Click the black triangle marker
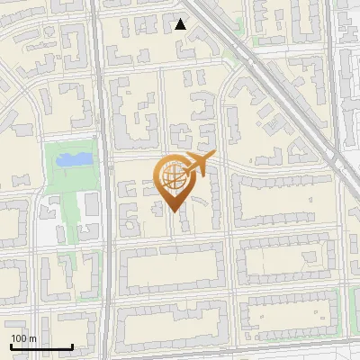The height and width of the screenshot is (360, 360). [x=181, y=24]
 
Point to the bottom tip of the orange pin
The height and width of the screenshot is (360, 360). [x=175, y=211]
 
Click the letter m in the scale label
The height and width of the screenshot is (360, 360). [x=32, y=338]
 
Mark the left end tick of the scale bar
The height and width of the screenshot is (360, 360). [x=11, y=346]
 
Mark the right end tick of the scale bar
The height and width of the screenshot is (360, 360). [x=72, y=346]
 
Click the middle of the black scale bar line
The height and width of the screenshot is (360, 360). [x=41, y=347]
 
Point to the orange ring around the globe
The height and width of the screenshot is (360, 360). [x=160, y=176]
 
